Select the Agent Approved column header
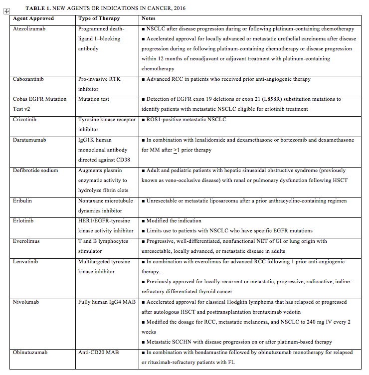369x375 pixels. click(x=33, y=19)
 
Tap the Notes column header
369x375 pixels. click(x=149, y=19)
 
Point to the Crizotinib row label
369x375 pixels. click(x=28, y=120)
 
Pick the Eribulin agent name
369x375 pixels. click(x=25, y=200)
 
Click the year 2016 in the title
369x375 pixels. click(x=173, y=8)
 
